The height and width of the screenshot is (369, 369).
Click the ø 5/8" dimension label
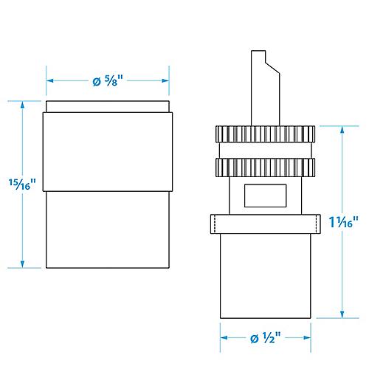pyautogui.click(x=108, y=80)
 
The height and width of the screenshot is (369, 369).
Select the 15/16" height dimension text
pyautogui.click(x=22, y=184)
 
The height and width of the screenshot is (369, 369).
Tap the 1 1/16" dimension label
pyautogui.click(x=343, y=221)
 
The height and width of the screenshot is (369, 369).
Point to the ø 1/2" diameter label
pyautogui.click(x=265, y=337)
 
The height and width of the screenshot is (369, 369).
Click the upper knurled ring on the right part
pyautogui.click(x=265, y=134)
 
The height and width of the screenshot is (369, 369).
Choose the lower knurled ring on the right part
pyautogui.click(x=265, y=168)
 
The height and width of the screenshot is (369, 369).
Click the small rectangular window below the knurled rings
pyautogui.click(x=265, y=196)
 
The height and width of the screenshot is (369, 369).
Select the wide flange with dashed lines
pyautogui.click(x=266, y=224)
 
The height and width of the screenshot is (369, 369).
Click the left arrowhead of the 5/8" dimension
pyautogui.click(x=49, y=80)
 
